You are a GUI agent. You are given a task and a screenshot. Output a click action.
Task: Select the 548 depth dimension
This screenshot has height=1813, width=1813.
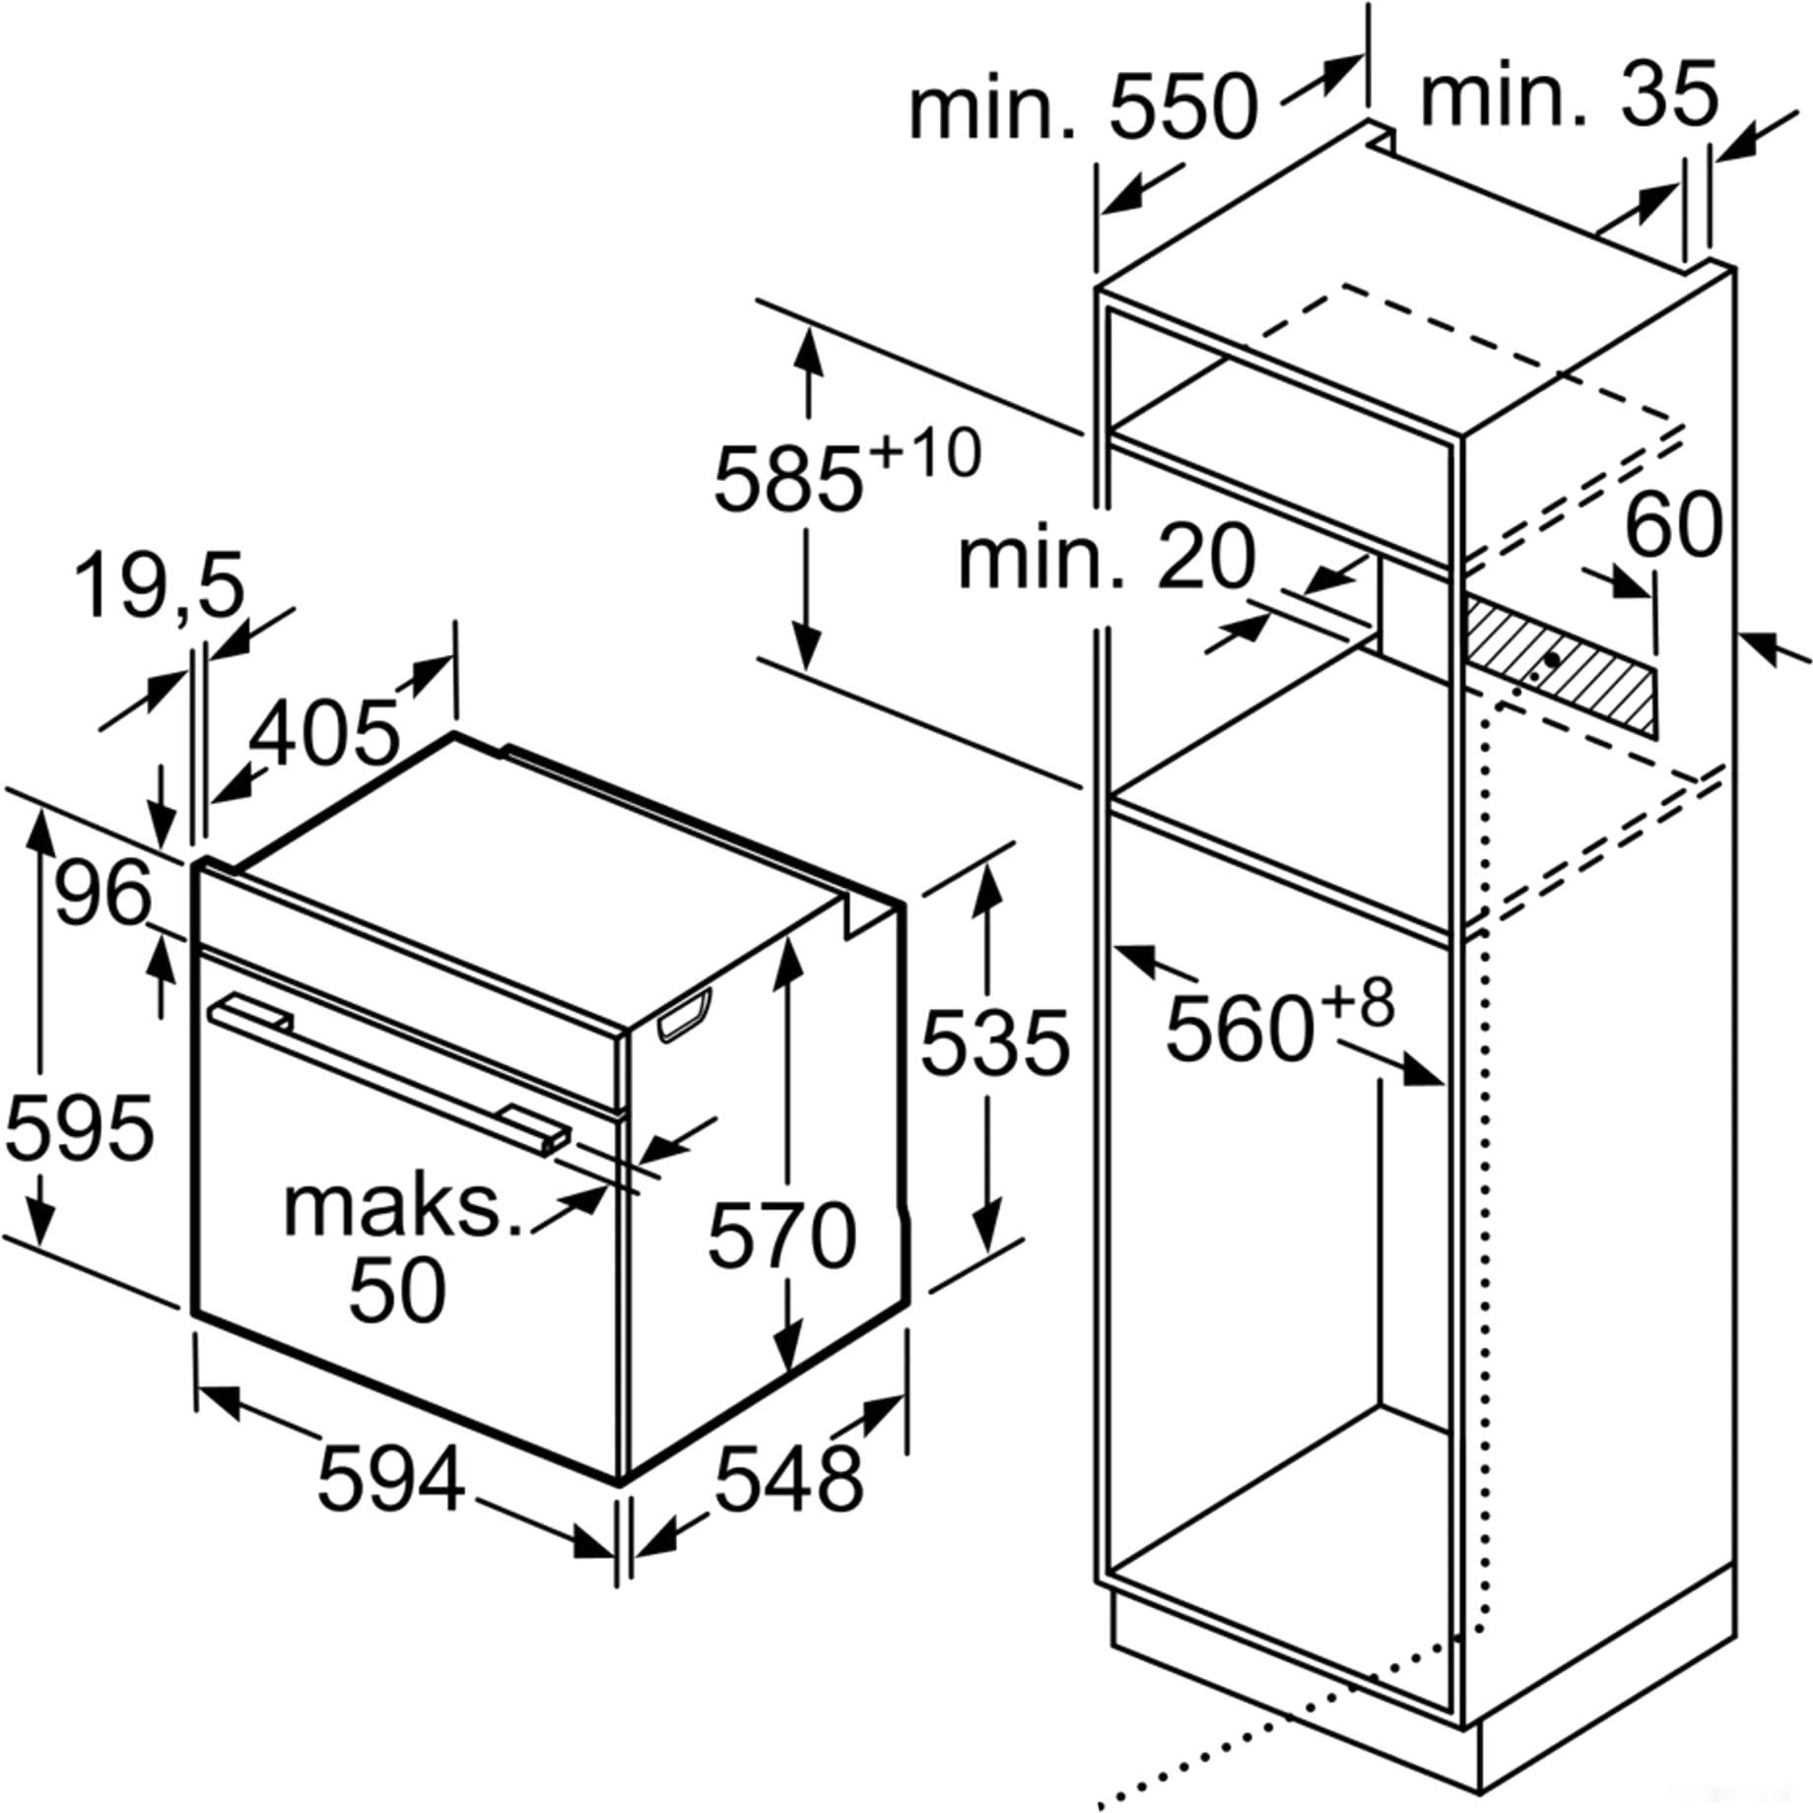pos(788,1478)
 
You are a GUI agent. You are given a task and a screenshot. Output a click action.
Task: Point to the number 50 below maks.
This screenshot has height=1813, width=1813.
pos(397,1290)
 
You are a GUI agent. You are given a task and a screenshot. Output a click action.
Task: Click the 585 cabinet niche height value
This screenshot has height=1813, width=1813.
pos(788,481)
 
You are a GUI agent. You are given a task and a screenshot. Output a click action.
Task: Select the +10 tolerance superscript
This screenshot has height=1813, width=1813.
pos(926,453)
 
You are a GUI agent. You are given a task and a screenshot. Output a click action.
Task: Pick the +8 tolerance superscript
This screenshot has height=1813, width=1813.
pos(1357,1003)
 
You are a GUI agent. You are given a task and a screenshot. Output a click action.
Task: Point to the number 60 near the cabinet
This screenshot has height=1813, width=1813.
pos(1672,525)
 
